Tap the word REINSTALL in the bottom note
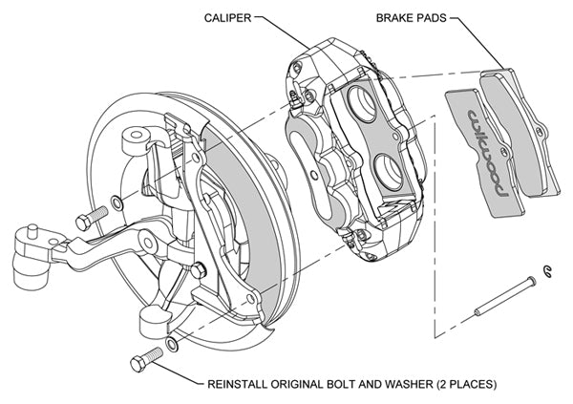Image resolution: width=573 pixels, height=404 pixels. (x=240, y=386)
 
